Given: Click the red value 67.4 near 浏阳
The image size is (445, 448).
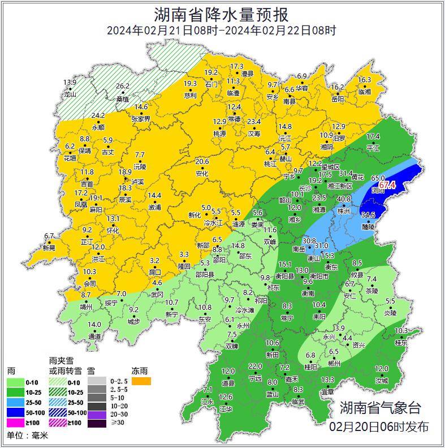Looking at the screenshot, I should coord(387,185).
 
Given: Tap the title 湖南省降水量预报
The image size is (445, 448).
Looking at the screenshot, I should coord(222,14).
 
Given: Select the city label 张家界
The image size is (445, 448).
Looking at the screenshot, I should coord(141,119).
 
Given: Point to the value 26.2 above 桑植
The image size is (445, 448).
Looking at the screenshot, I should coord(123,86).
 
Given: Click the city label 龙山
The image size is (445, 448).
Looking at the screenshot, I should coord(70,95).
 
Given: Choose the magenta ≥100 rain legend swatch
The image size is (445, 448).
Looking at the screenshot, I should coord(16,423).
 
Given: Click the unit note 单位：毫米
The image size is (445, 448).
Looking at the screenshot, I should coord(28,436).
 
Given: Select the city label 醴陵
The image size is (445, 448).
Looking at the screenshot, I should coord(368,226).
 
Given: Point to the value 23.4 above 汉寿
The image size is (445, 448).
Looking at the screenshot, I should coord(254,122).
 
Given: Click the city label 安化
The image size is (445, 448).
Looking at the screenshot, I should coord(202,174).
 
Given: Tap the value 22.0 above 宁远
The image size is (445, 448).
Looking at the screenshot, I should coord(255,366).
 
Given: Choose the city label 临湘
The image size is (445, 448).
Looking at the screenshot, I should coord(365,92).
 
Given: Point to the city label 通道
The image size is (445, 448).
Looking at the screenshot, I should coord(94,336).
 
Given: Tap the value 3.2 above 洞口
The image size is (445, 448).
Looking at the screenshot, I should coord(155,261).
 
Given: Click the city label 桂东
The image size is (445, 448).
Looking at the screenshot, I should coord(401,343).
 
